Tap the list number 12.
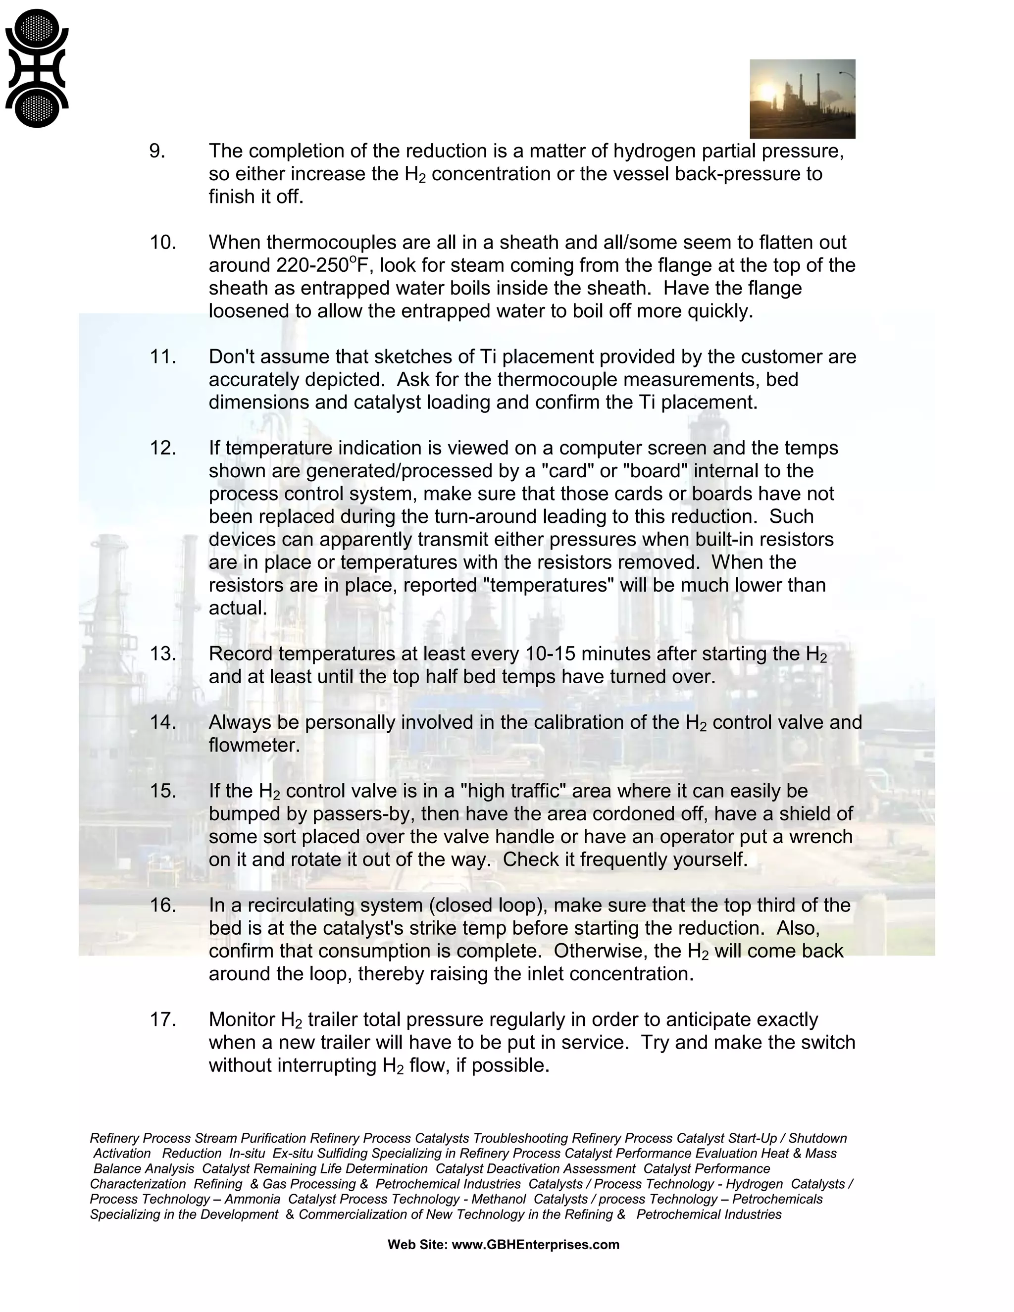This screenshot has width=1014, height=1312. [x=162, y=448]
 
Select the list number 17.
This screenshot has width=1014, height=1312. [x=162, y=1019]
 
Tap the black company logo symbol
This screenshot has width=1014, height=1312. [x=37, y=68]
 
